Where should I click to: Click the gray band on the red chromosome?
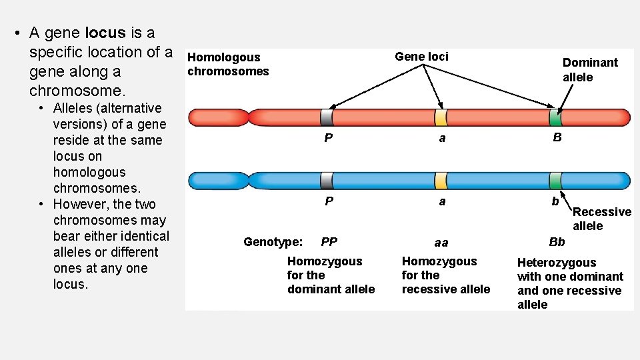tap(327, 118)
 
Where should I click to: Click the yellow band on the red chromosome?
tap(441, 118)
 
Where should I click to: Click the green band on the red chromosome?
tap(555, 118)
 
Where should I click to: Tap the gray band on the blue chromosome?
tap(327, 180)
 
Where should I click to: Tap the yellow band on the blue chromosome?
tap(441, 180)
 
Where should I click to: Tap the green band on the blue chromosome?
tap(555, 180)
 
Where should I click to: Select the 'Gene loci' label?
tap(421, 57)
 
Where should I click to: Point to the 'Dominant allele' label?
tap(589, 69)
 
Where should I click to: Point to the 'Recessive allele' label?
tap(601, 219)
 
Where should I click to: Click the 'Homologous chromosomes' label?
tap(228, 64)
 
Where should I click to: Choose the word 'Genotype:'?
tap(273, 242)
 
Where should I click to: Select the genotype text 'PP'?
tap(329, 242)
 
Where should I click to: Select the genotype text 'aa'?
tap(441, 243)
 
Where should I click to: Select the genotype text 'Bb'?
tap(557, 242)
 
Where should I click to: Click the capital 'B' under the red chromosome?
tap(557, 138)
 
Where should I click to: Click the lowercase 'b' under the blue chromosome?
tap(555, 201)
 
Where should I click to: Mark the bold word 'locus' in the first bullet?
tap(105, 33)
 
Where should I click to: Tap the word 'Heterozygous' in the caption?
tap(557, 263)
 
